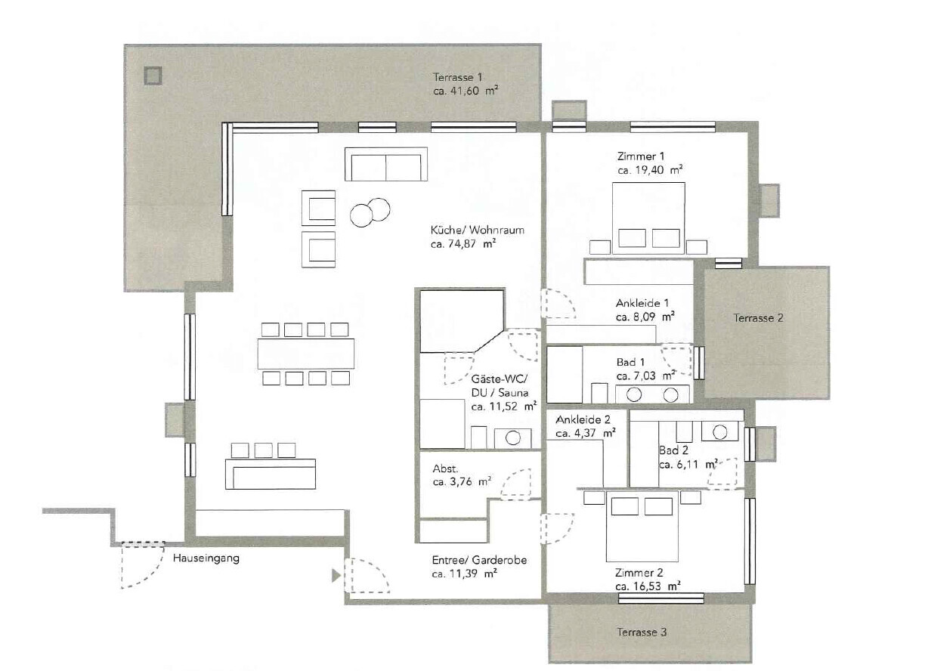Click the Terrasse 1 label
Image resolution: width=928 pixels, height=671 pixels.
click(457, 77)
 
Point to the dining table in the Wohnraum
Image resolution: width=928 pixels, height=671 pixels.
click(306, 353)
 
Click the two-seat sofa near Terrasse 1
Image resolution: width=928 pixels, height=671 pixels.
click(386, 165)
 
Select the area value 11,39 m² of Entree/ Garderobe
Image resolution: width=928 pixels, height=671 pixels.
click(464, 574)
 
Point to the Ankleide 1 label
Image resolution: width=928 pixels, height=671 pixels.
click(642, 303)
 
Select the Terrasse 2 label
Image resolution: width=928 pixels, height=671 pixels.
click(758, 318)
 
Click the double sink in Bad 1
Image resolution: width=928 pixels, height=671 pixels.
click(652, 394)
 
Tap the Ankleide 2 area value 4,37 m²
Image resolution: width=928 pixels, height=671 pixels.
click(586, 434)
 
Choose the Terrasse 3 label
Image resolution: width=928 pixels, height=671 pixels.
click(642, 632)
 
